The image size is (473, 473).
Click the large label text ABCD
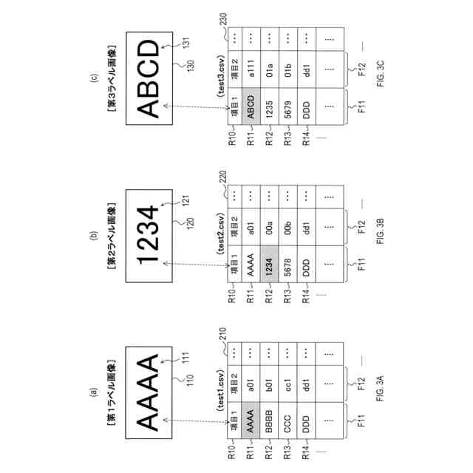[x=149, y=78]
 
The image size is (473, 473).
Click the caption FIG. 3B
[x=376, y=230]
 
